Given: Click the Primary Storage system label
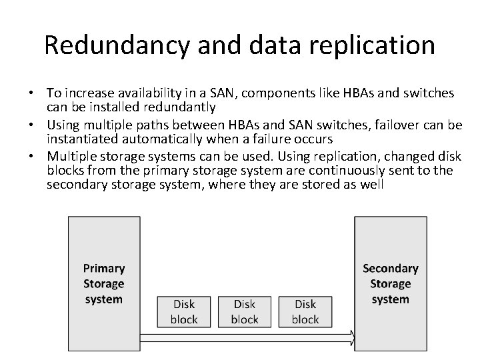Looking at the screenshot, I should [104, 283].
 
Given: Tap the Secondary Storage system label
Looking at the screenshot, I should [391, 283].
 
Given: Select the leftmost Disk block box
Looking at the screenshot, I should [183, 311].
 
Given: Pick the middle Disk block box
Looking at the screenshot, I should [244, 311].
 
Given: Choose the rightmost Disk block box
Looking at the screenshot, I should [305, 311].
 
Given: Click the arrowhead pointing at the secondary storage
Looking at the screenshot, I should [351, 338].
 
